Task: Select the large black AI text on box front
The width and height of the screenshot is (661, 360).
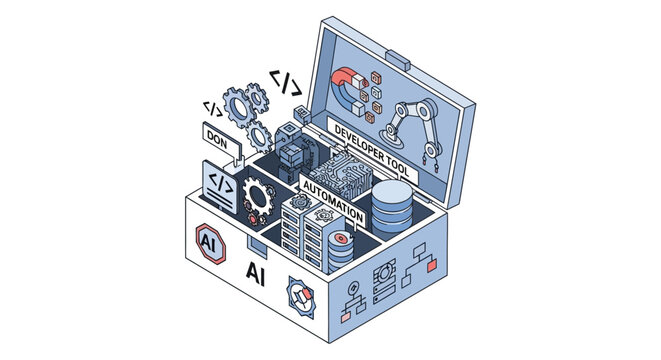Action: pyautogui.click(x=257, y=270)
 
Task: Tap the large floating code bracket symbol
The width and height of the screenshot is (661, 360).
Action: pyautogui.click(x=285, y=81)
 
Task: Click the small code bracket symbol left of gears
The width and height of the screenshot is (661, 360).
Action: pyautogui.click(x=213, y=106)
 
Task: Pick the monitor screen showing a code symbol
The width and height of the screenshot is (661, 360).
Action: pyautogui.click(x=220, y=185)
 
